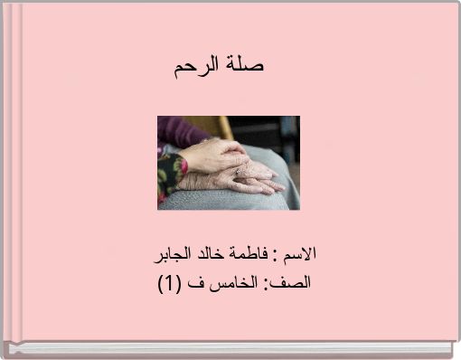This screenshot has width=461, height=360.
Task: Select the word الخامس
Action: (x=233, y=282)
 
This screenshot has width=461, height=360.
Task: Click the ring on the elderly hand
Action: (x=238, y=171)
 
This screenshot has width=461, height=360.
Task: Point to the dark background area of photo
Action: (x=276, y=131)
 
